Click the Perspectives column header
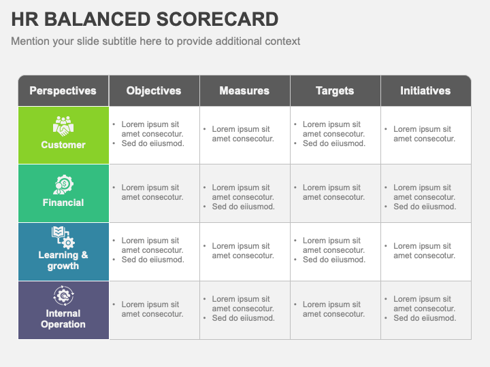(x=63, y=90)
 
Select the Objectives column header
(x=154, y=90)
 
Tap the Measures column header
(x=244, y=90)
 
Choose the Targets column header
(x=335, y=90)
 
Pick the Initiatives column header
(x=425, y=90)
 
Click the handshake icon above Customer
(x=63, y=126)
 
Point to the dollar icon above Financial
(x=63, y=184)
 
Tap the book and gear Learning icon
(x=63, y=237)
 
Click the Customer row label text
(x=63, y=145)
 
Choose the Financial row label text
(x=63, y=203)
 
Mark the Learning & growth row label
(x=63, y=260)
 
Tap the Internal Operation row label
(x=63, y=319)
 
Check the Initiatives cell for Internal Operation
(x=425, y=309)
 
